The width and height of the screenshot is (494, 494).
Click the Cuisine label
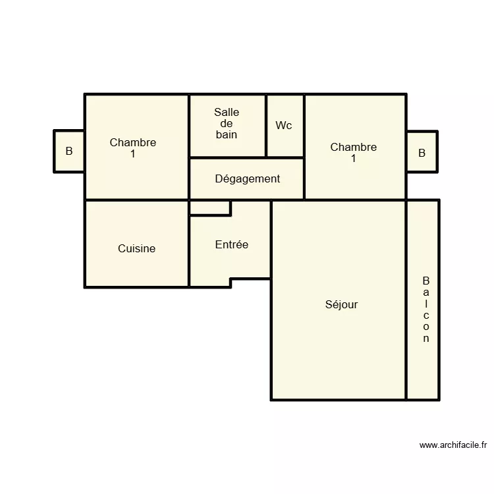point(136,248)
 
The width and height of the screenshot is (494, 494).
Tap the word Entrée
point(232,244)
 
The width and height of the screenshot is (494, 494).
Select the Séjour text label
point(341,304)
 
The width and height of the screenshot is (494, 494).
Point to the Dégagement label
point(247,178)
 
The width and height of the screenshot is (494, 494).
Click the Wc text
point(284,125)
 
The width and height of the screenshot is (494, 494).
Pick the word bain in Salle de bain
point(227,134)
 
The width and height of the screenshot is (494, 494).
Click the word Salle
point(227,113)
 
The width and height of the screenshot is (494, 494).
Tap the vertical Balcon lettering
point(425,310)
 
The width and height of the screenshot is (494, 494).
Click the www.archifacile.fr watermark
point(453,445)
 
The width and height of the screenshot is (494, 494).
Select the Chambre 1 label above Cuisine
point(133,148)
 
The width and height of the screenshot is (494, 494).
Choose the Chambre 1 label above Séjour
point(354,152)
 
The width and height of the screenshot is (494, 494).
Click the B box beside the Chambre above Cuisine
point(69,151)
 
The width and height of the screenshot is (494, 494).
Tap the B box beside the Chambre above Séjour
point(422,153)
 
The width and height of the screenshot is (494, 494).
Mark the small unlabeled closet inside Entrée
point(209,207)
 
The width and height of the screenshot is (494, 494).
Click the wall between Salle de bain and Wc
point(266,126)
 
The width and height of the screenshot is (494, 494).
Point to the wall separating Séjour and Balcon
point(406,300)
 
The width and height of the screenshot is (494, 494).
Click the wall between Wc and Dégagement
point(285,158)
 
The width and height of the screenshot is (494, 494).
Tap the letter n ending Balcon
point(425,339)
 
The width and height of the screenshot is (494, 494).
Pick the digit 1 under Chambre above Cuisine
point(133,153)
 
